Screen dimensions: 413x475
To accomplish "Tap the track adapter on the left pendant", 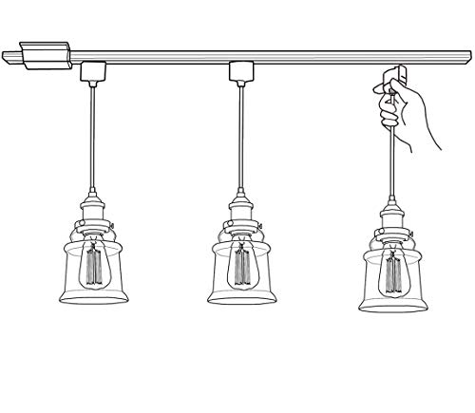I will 93,71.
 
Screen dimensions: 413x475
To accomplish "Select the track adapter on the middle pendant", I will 241,71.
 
